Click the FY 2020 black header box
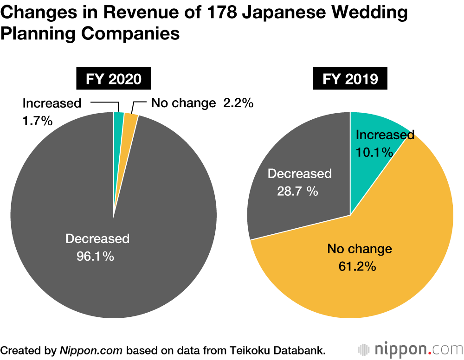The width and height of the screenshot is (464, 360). point(114,79)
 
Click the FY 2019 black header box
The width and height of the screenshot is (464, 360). point(350,79)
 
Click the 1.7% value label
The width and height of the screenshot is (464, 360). point(37,122)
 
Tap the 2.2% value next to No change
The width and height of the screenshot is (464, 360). point(238,103)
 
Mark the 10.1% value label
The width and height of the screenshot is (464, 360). point(374,152)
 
